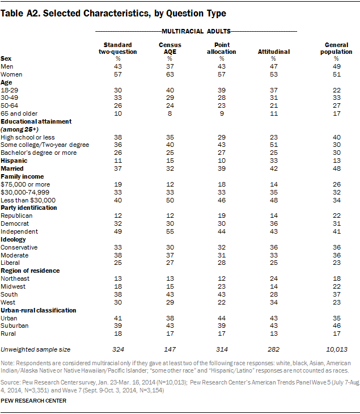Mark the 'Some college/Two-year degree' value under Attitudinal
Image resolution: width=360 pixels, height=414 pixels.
tap(273, 145)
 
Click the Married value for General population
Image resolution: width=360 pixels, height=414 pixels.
tap(336, 169)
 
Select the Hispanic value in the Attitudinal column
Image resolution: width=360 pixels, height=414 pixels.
tap(273, 161)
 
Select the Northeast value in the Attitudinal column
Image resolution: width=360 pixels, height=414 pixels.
tap(273, 279)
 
